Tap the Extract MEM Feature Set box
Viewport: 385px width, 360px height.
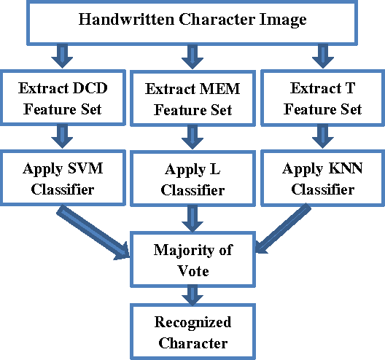tap(193, 101)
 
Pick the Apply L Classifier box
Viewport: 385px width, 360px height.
tap(193, 179)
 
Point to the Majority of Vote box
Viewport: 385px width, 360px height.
tap(193, 260)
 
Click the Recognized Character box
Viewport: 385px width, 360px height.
tap(192, 332)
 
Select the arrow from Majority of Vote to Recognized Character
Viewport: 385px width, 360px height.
tap(193, 294)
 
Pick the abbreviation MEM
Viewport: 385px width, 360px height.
tap(214, 90)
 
